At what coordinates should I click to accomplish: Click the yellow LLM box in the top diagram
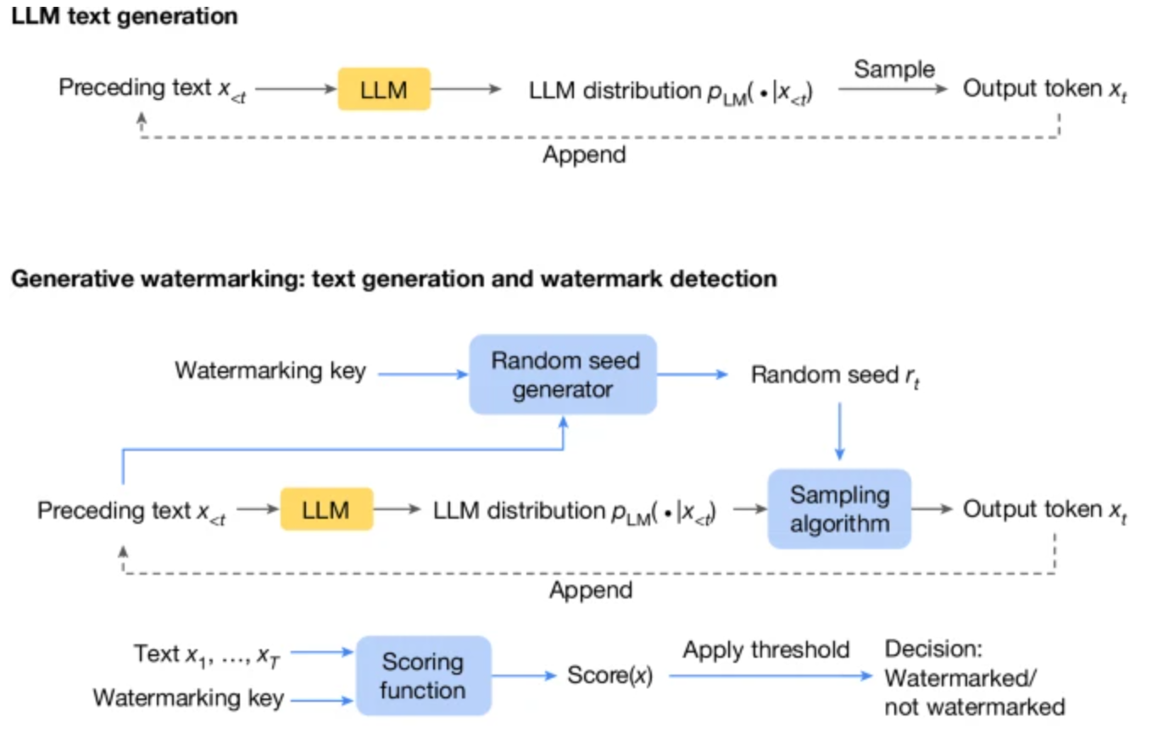[384, 89]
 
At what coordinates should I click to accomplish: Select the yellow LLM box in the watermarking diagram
[326, 509]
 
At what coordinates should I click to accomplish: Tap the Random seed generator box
[564, 375]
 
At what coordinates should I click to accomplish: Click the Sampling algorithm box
[839, 509]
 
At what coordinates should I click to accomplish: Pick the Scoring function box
[424, 676]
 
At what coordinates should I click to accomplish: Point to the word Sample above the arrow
[894, 69]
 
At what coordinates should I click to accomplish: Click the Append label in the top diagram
[585, 155]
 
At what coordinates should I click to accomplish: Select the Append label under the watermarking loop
[592, 590]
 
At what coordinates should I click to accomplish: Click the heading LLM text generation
[125, 17]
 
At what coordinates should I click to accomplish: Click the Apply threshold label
[766, 650]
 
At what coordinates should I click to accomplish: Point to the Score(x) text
[610, 676]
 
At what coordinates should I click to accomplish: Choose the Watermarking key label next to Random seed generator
[270, 371]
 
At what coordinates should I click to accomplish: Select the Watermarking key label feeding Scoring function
[188, 698]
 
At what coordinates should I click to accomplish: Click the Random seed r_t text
[836, 375]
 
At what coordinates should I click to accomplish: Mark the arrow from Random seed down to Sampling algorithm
[839, 431]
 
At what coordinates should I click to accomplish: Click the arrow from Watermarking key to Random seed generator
[423, 375]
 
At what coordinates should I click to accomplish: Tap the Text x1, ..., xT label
[207, 655]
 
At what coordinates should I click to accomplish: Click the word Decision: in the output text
[933, 649]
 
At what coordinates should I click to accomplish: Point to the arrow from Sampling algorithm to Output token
[932, 509]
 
